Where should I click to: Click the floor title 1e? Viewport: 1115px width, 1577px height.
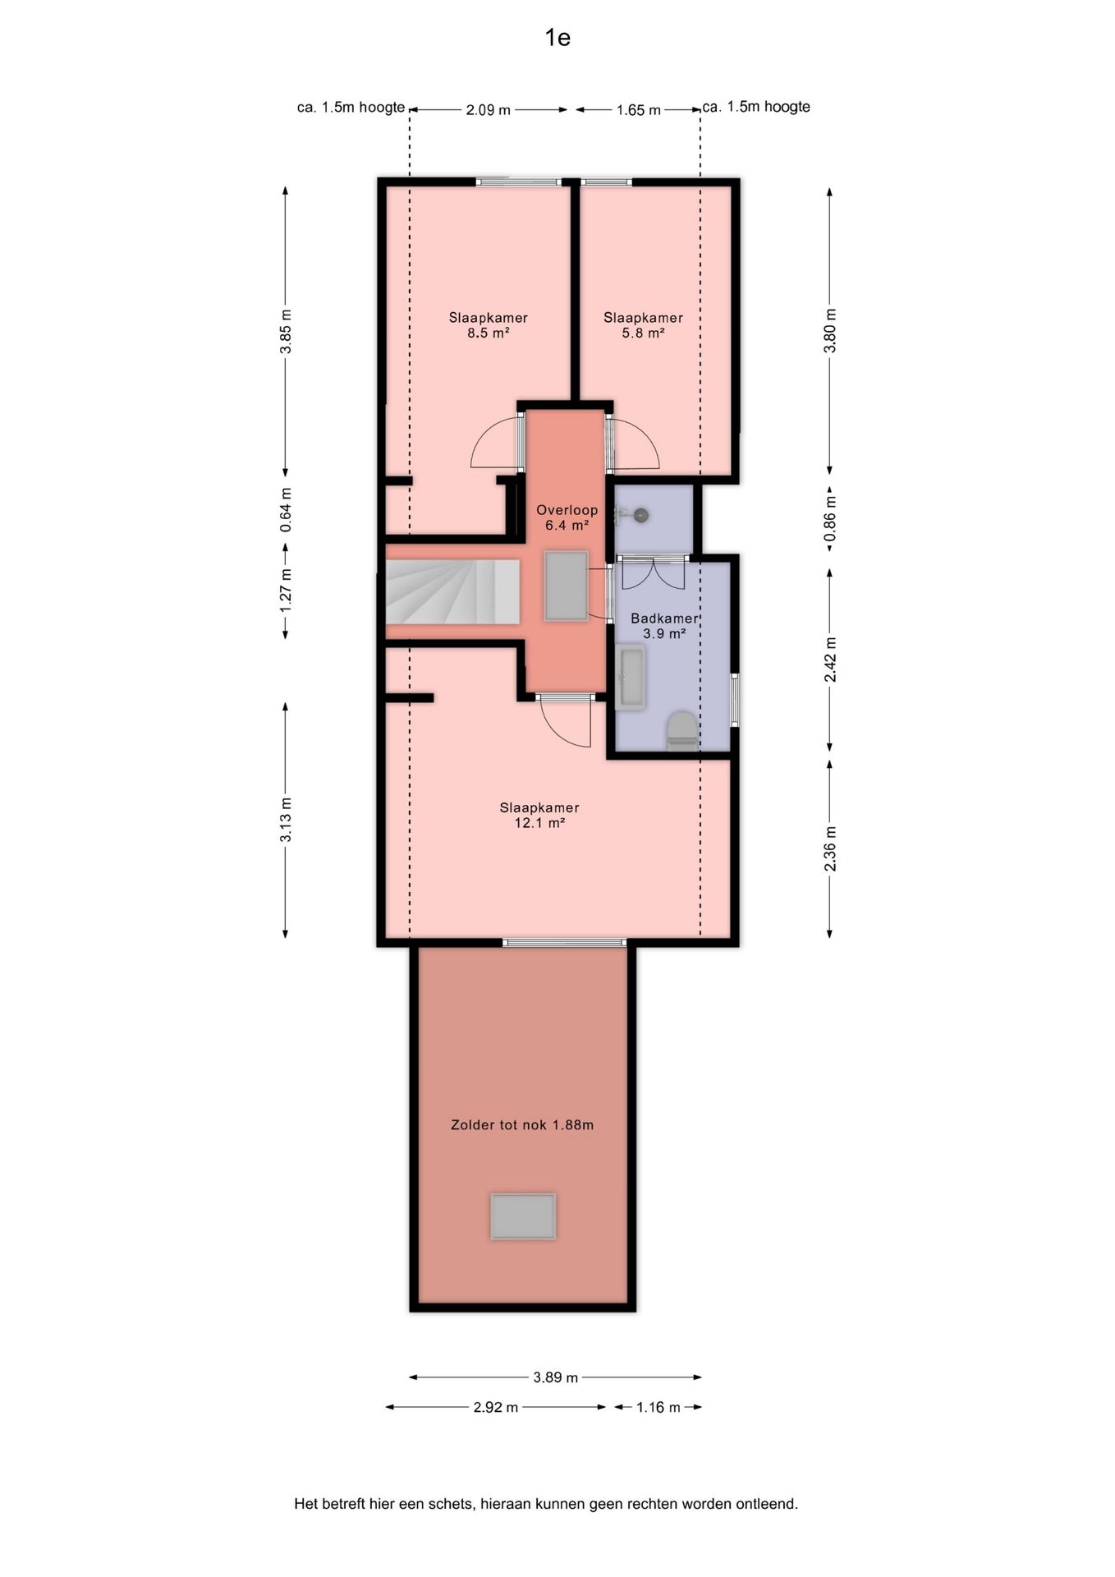pyautogui.click(x=557, y=38)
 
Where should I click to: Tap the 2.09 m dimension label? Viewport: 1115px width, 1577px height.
pyautogui.click(x=489, y=110)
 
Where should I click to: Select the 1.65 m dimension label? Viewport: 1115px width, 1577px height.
pyautogui.click(x=639, y=110)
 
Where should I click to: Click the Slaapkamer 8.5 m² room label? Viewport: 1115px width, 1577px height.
pyautogui.click(x=488, y=325)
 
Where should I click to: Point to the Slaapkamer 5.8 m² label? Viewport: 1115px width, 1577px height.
pyautogui.click(x=643, y=325)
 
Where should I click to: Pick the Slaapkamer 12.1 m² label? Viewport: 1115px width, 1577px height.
pyautogui.click(x=539, y=816)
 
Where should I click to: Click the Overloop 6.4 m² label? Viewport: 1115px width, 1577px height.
pyautogui.click(x=567, y=517)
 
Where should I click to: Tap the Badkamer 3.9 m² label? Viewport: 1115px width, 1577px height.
pyautogui.click(x=664, y=626)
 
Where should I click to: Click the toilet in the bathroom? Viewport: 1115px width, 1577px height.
pyautogui.click(x=681, y=731)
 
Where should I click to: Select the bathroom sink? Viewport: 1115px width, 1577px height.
pyautogui.click(x=631, y=678)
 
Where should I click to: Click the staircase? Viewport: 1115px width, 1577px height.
pyautogui.click(x=453, y=591)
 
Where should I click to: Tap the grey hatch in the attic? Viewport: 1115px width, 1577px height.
pyautogui.click(x=523, y=1216)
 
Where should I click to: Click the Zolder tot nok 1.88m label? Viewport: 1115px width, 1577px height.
pyautogui.click(x=522, y=1125)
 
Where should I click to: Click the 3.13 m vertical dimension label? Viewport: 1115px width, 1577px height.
pyautogui.click(x=286, y=820)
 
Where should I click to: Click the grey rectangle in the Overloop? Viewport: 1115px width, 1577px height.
pyautogui.click(x=566, y=586)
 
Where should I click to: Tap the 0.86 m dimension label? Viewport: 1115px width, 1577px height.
pyautogui.click(x=830, y=521)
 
